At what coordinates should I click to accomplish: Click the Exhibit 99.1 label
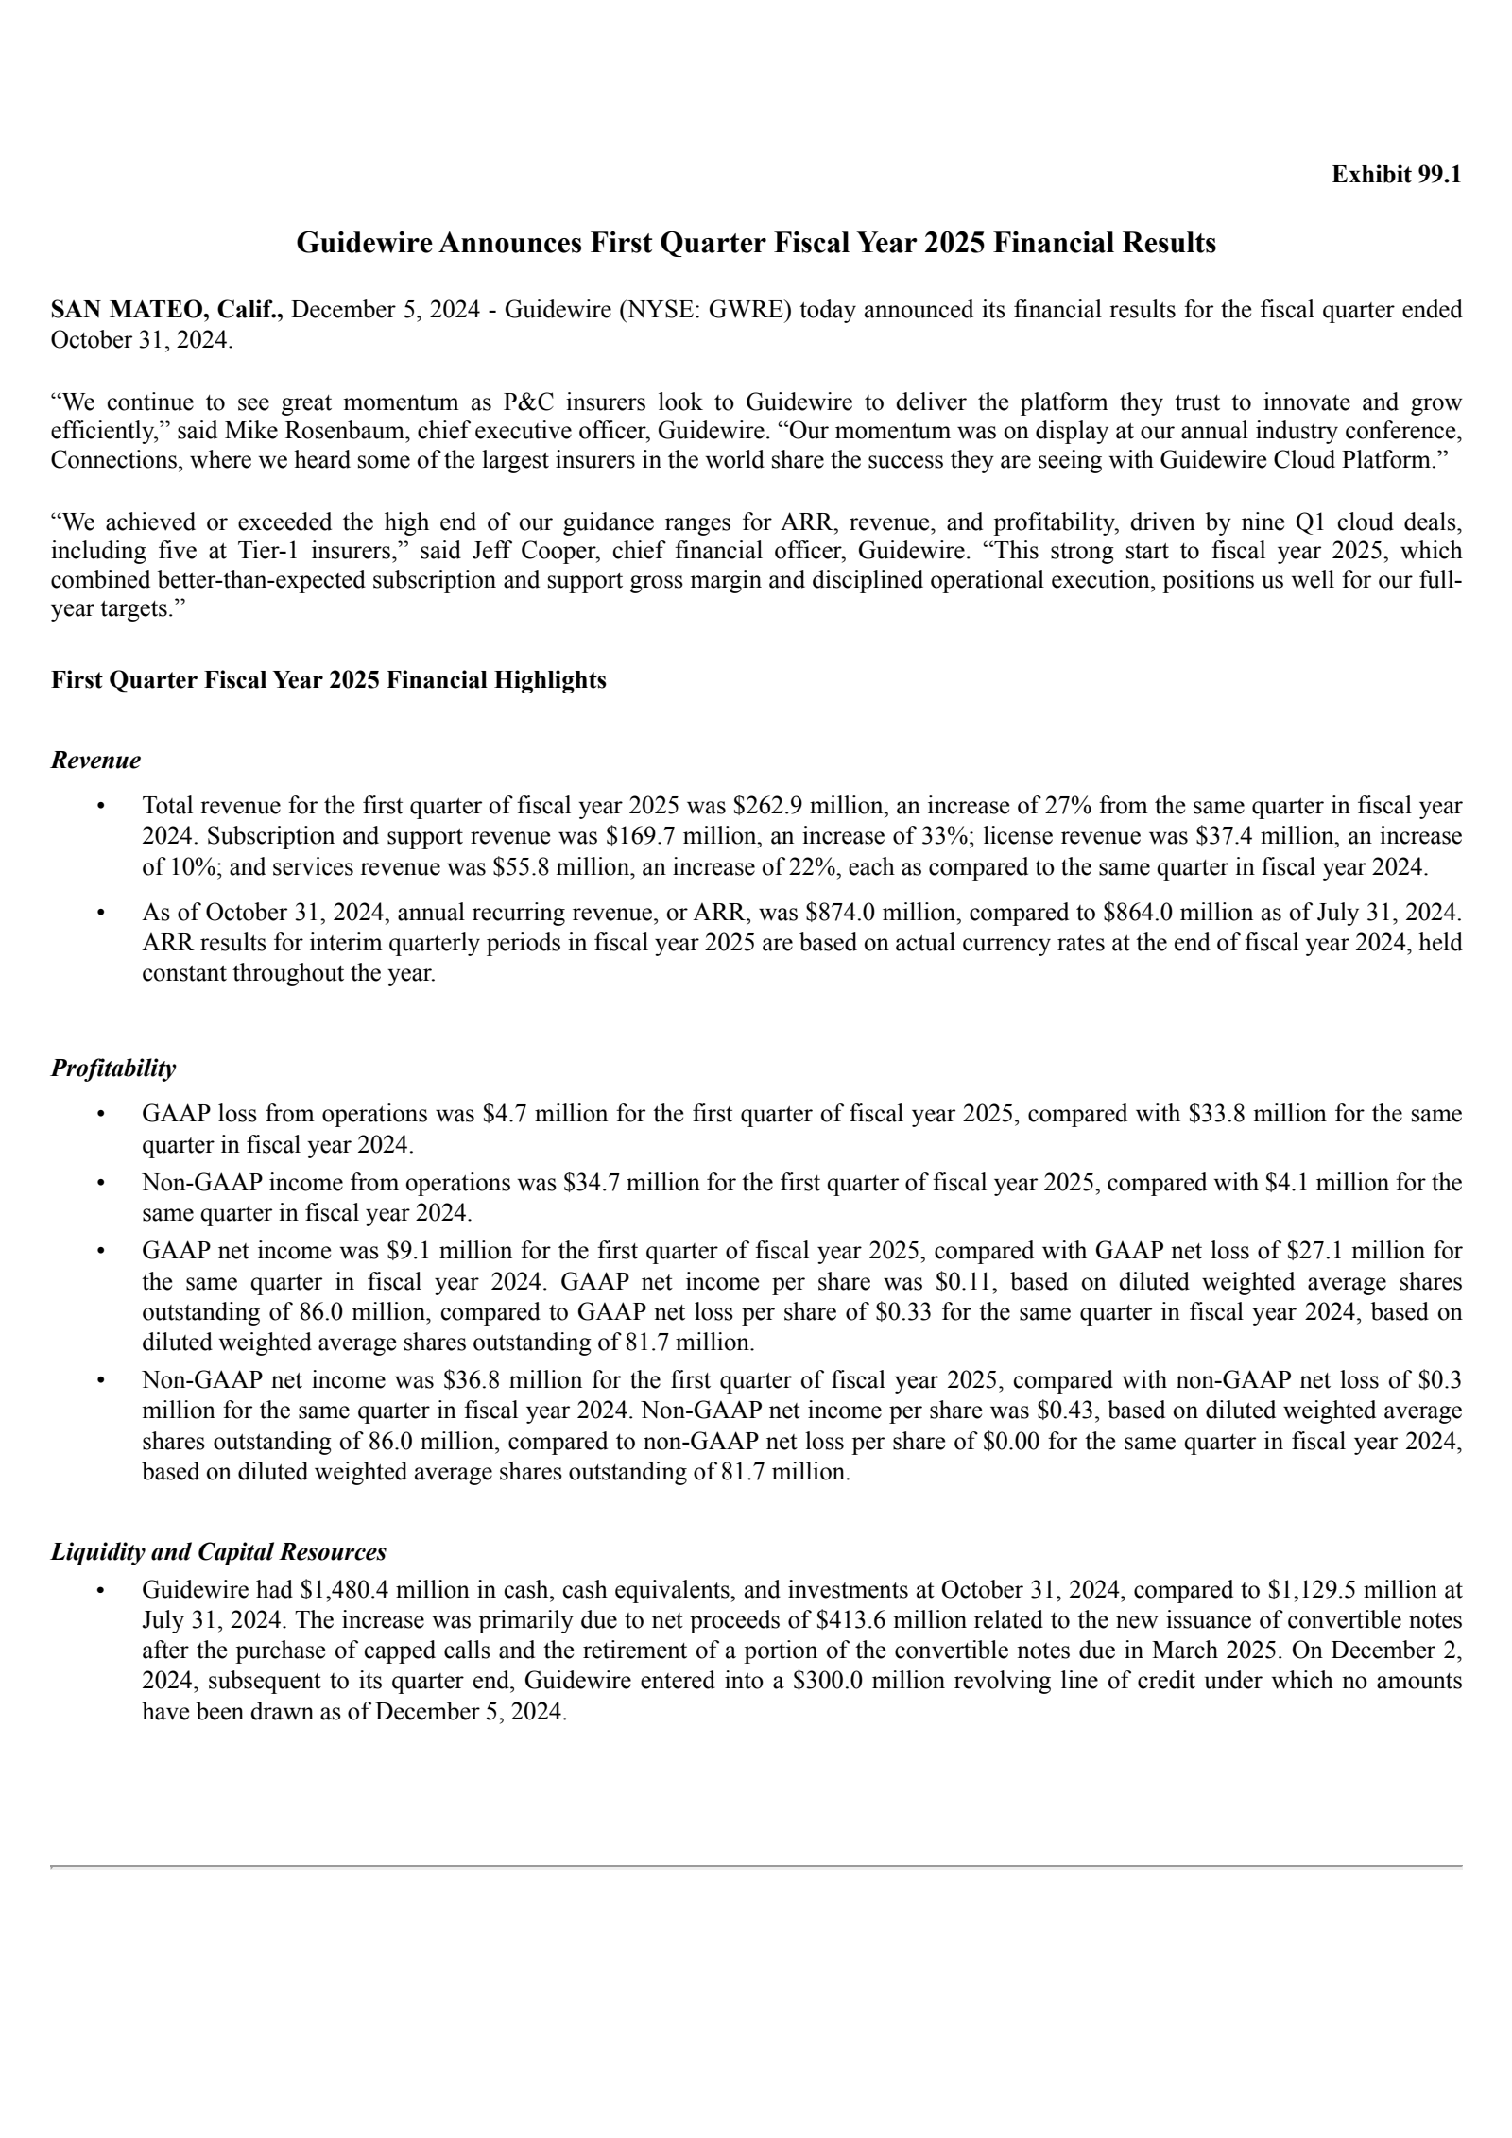[1396, 175]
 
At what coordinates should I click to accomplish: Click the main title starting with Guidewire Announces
[756, 243]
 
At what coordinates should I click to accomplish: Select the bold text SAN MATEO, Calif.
[166, 310]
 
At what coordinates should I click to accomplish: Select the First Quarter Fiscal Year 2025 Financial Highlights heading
[328, 679]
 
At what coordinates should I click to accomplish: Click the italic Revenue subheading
[95, 760]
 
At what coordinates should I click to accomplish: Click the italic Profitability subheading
[112, 1069]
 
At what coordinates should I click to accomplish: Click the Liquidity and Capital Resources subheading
[218, 1551]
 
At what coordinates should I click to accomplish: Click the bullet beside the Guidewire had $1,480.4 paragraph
[99, 1590]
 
